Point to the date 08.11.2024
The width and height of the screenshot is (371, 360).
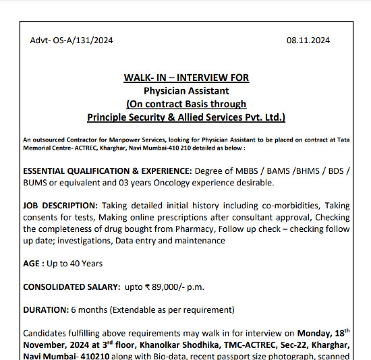(x=308, y=40)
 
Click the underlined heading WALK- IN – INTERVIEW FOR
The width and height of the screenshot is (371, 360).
(x=186, y=78)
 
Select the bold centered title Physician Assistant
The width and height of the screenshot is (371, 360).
(x=186, y=90)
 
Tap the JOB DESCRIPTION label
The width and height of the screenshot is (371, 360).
(x=60, y=205)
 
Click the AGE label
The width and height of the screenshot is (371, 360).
(x=33, y=263)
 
